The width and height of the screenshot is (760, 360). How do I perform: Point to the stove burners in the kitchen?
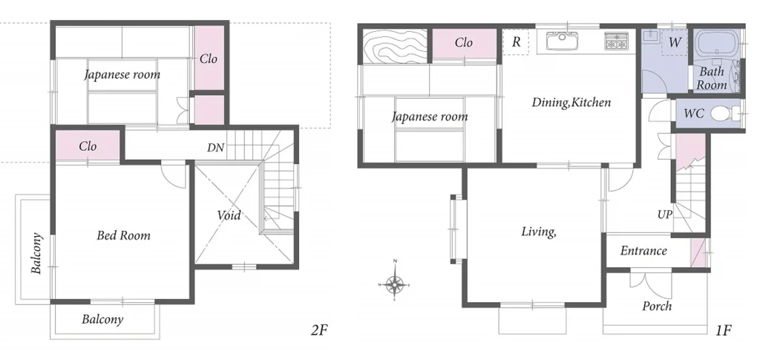pyautogui.click(x=616, y=42)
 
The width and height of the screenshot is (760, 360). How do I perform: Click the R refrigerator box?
pyautogui.click(x=515, y=42)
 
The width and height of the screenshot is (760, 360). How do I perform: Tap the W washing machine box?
pyautogui.click(x=674, y=42)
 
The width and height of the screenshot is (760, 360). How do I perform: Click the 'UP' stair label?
pyautogui.click(x=665, y=214)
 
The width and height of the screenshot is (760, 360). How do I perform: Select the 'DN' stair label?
pyautogui.click(x=216, y=148)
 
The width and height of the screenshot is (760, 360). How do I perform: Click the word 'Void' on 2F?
pyautogui.click(x=229, y=215)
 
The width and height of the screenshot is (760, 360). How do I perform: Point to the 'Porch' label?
pyautogui.click(x=656, y=306)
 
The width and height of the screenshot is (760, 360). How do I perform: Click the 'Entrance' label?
pyautogui.click(x=643, y=251)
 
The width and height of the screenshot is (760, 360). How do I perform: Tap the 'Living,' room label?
pyautogui.click(x=539, y=232)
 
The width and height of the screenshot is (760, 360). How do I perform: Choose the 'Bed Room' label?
pyautogui.click(x=123, y=235)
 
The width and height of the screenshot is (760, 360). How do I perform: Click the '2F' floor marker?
pyautogui.click(x=318, y=330)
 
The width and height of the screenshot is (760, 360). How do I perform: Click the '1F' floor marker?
pyautogui.click(x=724, y=330)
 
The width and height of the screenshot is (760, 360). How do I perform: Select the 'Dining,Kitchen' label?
pyautogui.click(x=571, y=102)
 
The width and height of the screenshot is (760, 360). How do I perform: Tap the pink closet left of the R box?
pyautogui.click(x=464, y=43)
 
